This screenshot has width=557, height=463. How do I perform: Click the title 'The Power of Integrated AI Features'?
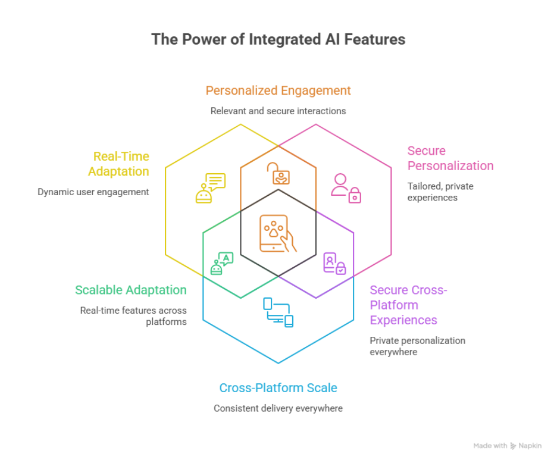(x=278, y=40)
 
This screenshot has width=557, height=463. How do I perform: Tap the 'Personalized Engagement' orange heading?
(x=278, y=90)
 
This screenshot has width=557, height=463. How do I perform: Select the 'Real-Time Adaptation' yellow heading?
(x=118, y=164)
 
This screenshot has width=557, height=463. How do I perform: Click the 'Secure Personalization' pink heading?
(x=450, y=158)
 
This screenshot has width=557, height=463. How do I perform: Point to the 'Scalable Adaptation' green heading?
(x=130, y=290)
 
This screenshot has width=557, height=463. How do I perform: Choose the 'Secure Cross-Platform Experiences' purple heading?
(x=408, y=305)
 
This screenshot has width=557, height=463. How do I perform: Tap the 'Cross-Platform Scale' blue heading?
(x=278, y=388)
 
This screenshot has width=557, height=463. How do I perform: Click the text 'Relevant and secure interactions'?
(x=278, y=111)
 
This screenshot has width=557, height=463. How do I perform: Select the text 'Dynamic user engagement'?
(x=93, y=192)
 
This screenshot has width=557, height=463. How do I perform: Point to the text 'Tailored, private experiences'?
(x=440, y=191)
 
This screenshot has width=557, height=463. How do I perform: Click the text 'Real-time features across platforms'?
(x=133, y=316)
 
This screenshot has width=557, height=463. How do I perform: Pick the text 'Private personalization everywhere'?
(x=417, y=346)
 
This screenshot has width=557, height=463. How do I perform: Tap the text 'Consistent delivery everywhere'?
(x=278, y=409)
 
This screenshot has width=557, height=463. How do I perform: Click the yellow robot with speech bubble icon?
(x=211, y=187)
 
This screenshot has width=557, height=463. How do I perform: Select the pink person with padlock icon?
(x=346, y=187)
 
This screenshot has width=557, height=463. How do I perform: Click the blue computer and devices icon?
(x=278, y=312)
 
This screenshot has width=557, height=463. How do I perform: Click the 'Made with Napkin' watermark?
(x=507, y=445)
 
